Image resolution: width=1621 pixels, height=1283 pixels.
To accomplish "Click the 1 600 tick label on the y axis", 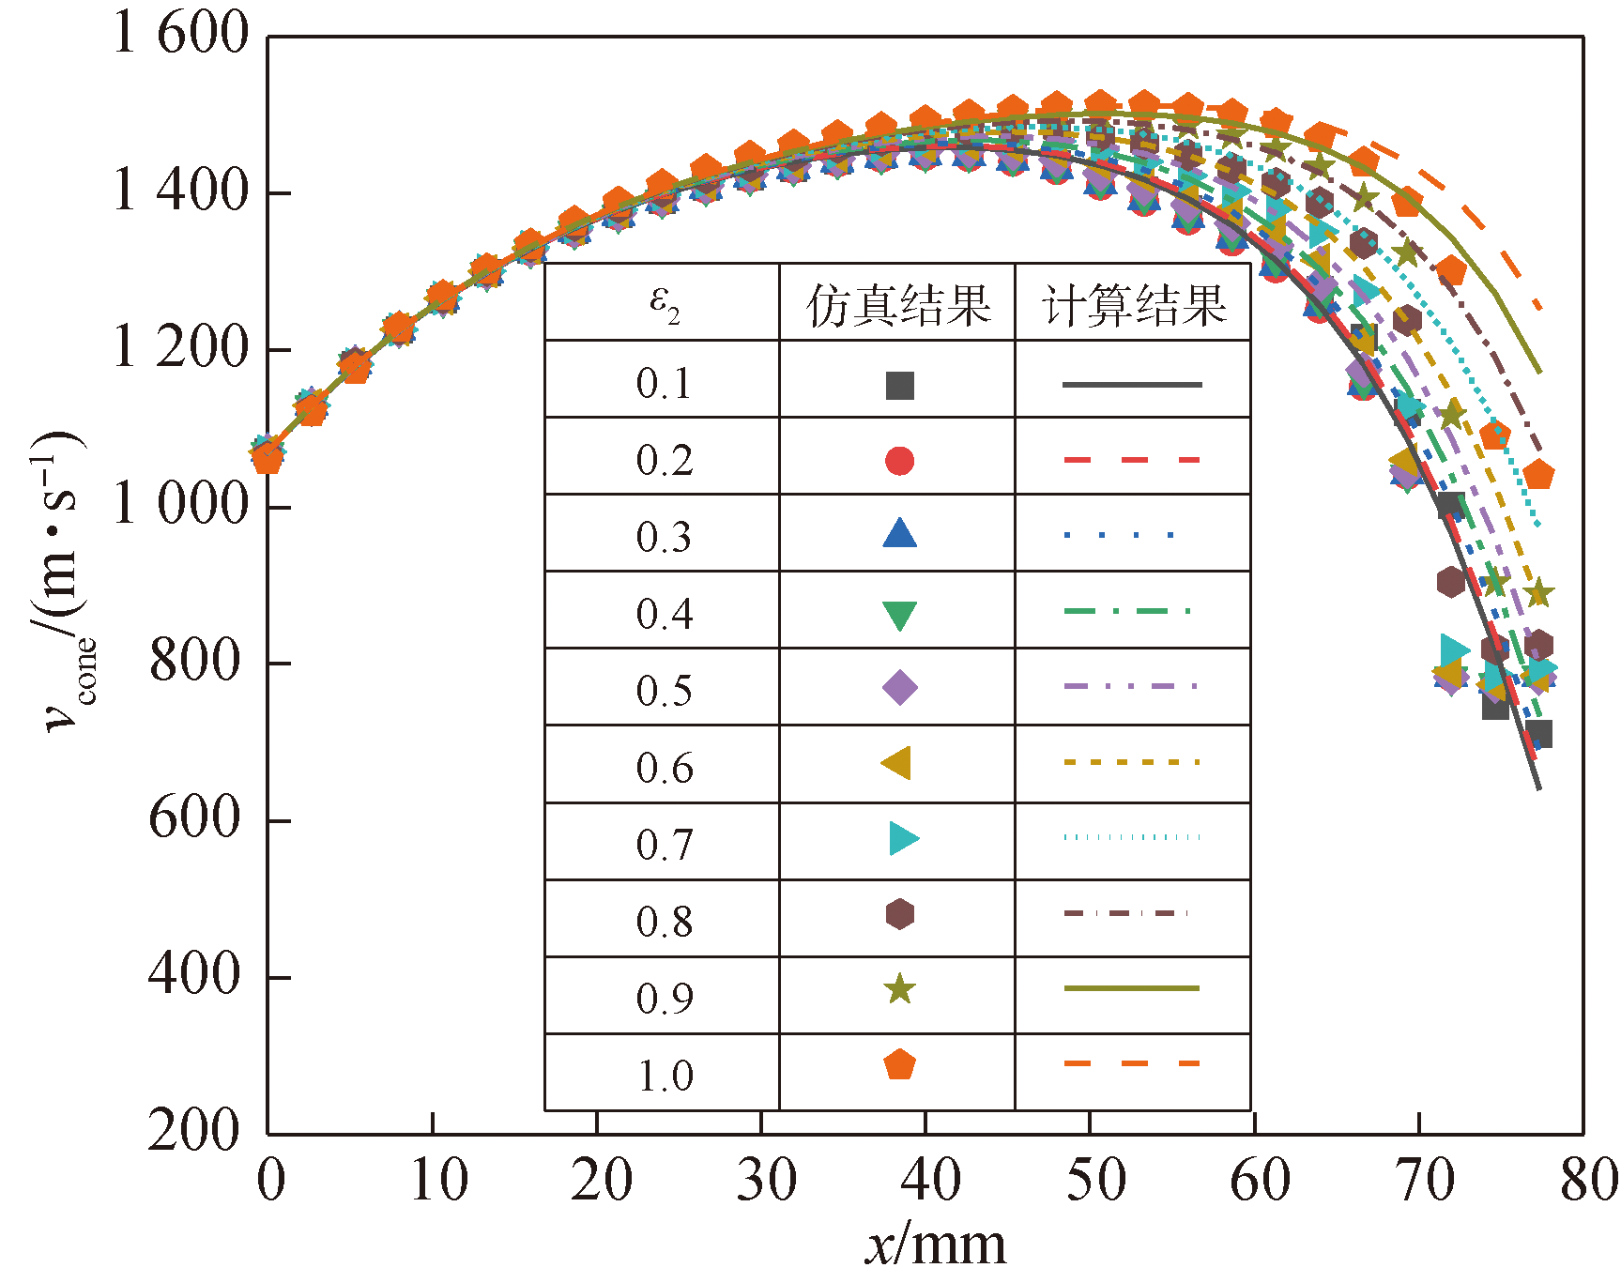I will [x=180, y=34].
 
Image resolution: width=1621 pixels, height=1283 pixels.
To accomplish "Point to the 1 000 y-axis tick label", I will [x=180, y=505].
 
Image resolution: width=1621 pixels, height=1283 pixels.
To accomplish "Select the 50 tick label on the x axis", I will [x=1094, y=1180].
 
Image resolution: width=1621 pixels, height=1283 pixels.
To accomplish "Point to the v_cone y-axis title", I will [x=64, y=582].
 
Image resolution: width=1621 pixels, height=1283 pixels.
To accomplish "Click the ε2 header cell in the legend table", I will [x=664, y=303].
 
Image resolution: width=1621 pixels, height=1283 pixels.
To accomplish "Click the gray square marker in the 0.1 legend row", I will [x=899, y=385].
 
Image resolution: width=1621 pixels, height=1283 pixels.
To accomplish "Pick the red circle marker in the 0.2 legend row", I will [x=899, y=461].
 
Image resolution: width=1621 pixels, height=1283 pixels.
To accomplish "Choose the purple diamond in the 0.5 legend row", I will [x=899, y=687].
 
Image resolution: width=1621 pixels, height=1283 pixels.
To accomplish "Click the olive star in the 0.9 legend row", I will [x=899, y=988].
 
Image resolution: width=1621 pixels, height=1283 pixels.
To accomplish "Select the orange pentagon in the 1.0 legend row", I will [x=899, y=1065].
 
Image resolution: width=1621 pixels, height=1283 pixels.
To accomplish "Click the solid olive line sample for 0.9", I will [x=1132, y=988].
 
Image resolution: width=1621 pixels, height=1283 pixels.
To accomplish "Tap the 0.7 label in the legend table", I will [x=664, y=845].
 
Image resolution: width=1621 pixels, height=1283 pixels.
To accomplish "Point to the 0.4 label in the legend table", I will [x=664, y=614].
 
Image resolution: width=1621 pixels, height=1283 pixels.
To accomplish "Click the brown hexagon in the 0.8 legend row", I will [x=899, y=913].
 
